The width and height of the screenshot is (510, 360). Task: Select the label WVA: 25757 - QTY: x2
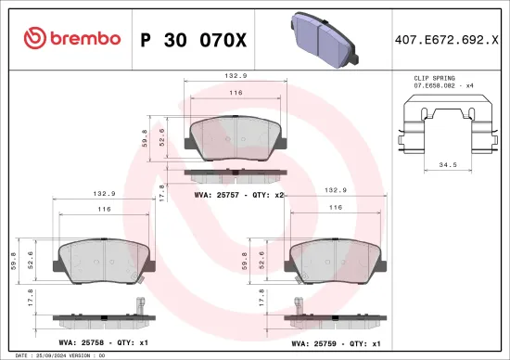tap(238, 196)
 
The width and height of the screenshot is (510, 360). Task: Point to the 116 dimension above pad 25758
tap(104, 211)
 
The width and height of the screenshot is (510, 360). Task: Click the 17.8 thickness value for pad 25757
tap(162, 192)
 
